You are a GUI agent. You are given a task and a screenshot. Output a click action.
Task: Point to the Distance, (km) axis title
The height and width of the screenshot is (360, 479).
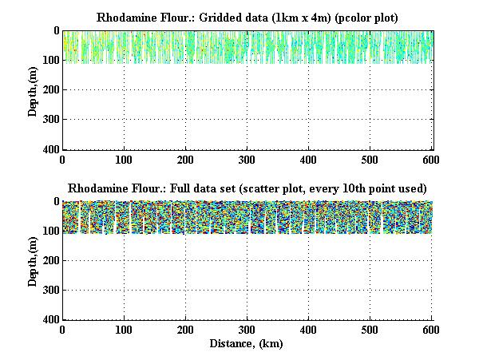pyautogui.click(x=247, y=344)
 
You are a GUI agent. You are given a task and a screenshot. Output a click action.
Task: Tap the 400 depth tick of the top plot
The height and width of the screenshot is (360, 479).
pyautogui.click(x=49, y=149)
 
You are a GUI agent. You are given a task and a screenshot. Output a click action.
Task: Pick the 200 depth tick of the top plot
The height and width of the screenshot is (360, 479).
pyautogui.click(x=49, y=90)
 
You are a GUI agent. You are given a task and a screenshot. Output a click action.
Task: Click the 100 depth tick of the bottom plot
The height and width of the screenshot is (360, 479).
pyautogui.click(x=49, y=231)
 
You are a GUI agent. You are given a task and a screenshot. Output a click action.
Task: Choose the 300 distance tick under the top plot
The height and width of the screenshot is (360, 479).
pyautogui.click(x=247, y=160)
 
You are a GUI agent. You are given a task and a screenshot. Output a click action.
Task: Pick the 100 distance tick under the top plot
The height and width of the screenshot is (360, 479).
pyautogui.click(x=124, y=160)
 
